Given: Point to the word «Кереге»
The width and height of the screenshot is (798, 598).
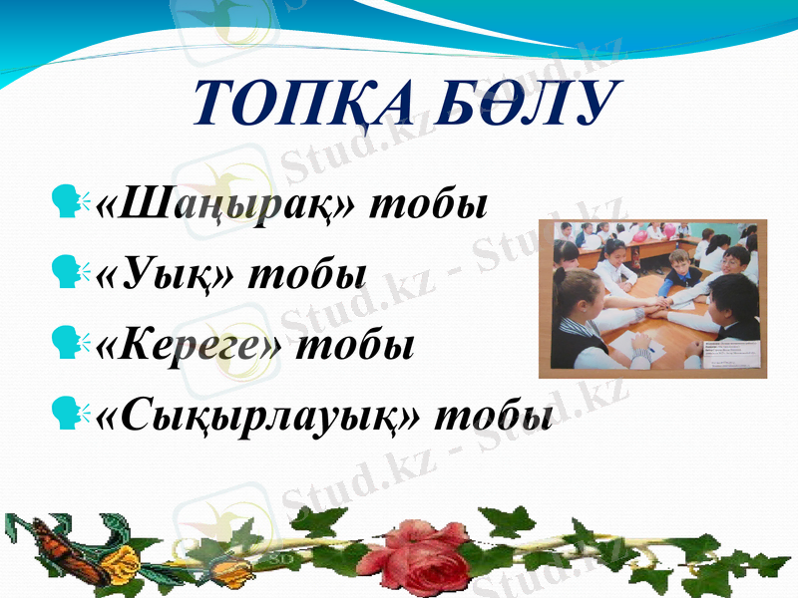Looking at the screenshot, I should coord(189,344).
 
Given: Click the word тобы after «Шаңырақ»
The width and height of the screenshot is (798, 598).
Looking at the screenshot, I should coord(429,206).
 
